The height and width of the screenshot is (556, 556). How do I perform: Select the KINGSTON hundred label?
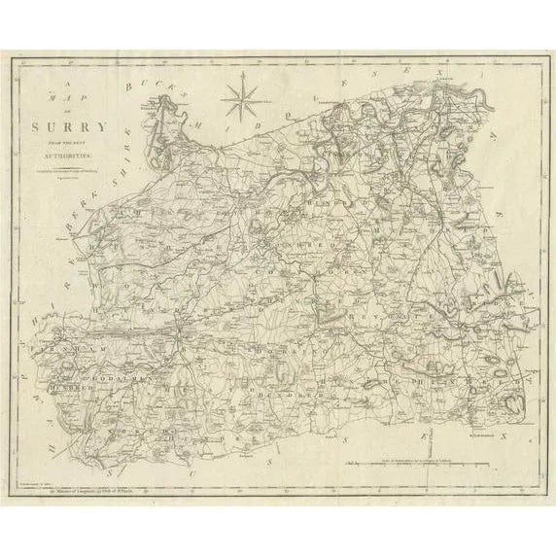(350, 156)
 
